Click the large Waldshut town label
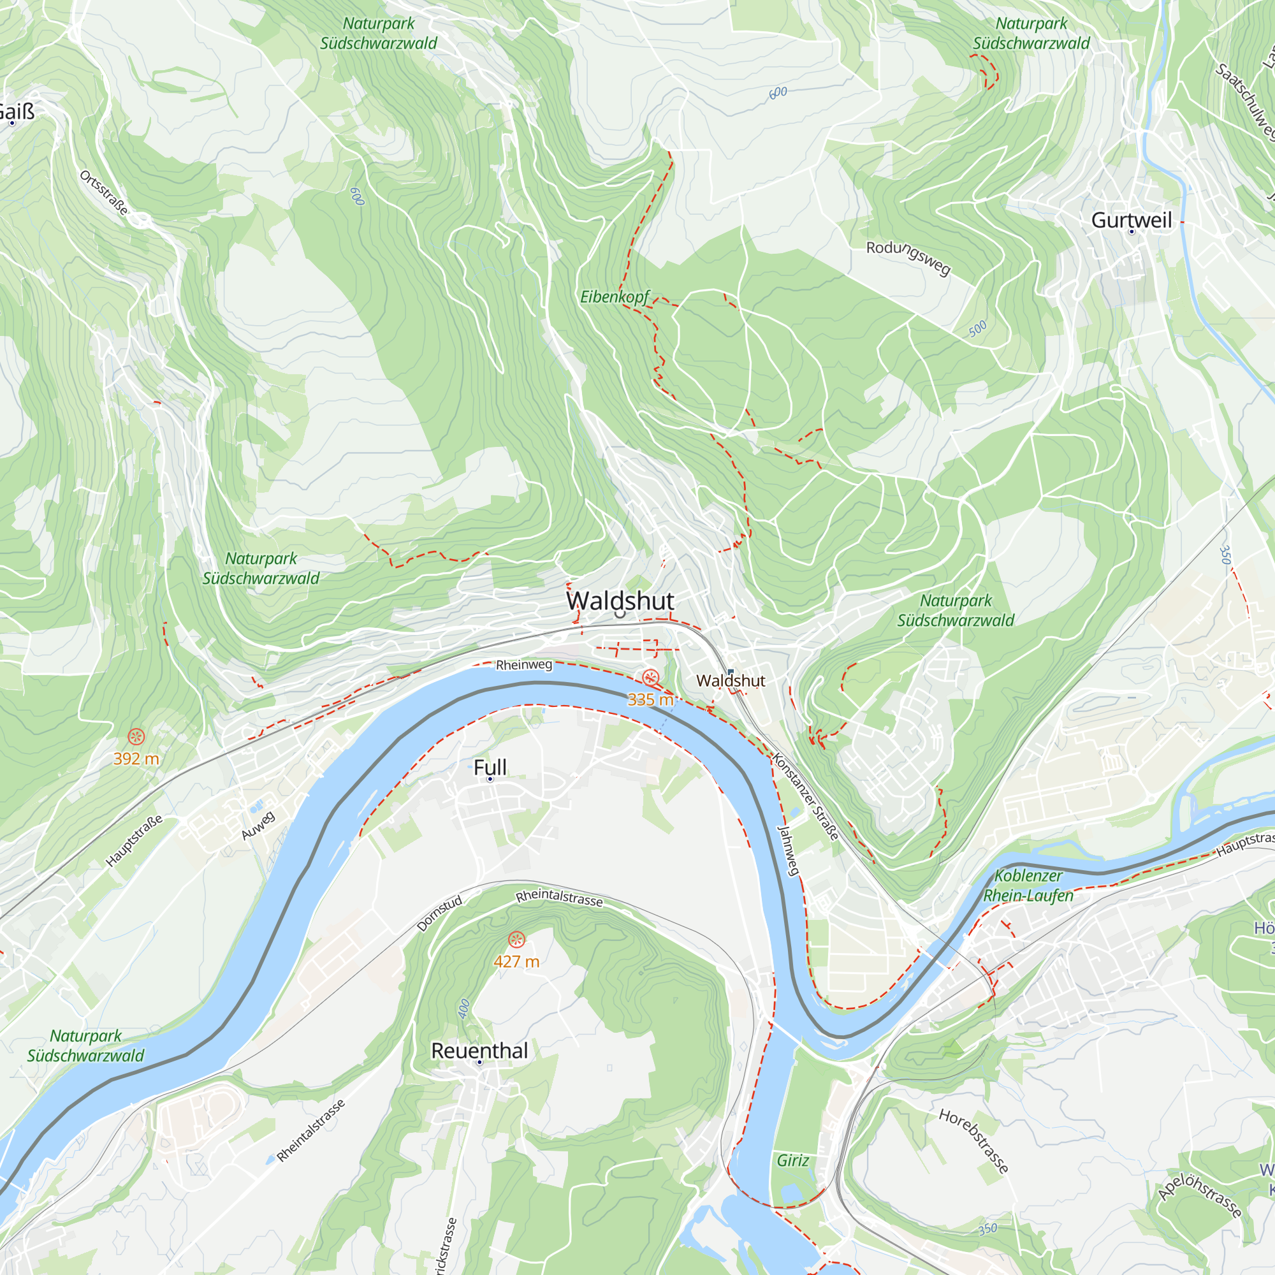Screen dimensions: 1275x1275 pyautogui.click(x=620, y=601)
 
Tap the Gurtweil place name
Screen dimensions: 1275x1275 pyautogui.click(x=1131, y=221)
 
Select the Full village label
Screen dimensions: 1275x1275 pyautogui.click(x=490, y=767)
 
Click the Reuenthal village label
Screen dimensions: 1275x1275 pyautogui.click(x=479, y=1051)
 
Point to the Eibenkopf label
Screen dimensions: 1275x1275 pyautogui.click(x=615, y=297)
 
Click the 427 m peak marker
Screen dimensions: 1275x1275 pyautogui.click(x=517, y=938)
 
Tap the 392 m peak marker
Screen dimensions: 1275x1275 pyautogui.click(x=136, y=736)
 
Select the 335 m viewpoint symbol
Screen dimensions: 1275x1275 pyautogui.click(x=651, y=678)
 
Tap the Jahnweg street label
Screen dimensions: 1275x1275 pyautogui.click(x=789, y=850)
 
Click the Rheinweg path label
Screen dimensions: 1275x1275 pyautogui.click(x=524, y=664)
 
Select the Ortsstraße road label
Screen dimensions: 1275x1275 pyautogui.click(x=104, y=193)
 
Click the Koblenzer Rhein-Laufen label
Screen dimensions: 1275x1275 pyautogui.click(x=1028, y=885)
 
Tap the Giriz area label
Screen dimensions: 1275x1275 pyautogui.click(x=792, y=1160)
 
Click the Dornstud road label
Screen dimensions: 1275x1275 pyautogui.click(x=439, y=914)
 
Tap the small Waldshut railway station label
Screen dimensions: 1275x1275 pyautogui.click(x=731, y=680)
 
